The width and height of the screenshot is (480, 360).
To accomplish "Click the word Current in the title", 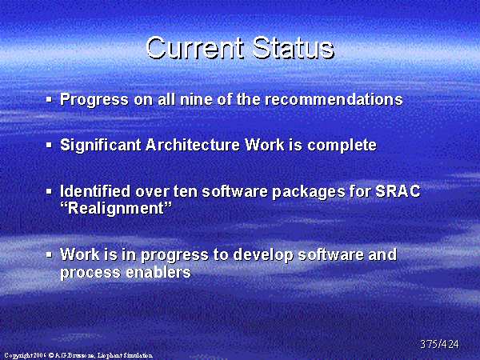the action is tap(195, 48).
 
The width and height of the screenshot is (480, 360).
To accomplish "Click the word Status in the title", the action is tap(294, 48).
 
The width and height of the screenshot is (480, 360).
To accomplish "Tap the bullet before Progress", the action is tap(49, 99).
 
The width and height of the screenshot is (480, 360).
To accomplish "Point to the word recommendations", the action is tap(334, 99).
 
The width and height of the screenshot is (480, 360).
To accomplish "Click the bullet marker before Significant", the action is tap(49, 145).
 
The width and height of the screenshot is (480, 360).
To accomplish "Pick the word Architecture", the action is tap(193, 145).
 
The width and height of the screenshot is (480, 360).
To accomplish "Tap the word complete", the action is tap(342, 146).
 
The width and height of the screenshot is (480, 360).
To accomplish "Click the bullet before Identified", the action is tap(49, 191).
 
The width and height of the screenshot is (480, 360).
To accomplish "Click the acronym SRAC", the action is tap(398, 191).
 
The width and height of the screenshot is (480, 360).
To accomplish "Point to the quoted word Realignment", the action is tap(116, 209).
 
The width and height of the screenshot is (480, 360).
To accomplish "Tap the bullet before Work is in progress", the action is tap(49, 254).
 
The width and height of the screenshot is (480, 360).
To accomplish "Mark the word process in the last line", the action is tap(90, 273).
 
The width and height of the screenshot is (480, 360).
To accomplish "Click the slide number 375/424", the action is tap(439, 344).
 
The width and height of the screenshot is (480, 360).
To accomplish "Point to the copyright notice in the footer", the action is tap(78, 355).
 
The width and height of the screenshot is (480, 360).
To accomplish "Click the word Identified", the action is tap(95, 191).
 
